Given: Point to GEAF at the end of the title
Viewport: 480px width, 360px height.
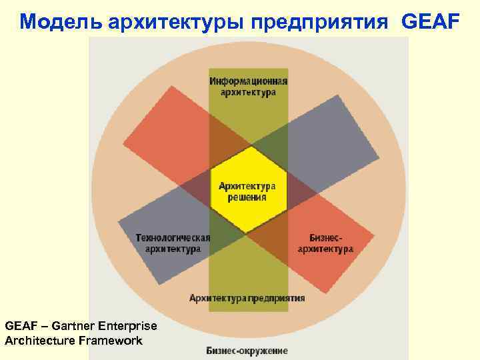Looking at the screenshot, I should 431,21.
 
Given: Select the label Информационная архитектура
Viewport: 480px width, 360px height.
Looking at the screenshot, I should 249,87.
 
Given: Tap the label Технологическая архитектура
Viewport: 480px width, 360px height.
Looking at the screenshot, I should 173,243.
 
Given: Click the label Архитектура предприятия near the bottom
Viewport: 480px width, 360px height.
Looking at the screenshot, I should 247,298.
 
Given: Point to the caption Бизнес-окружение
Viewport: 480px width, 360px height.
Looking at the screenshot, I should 247,351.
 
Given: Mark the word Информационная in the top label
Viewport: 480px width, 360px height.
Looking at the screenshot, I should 249,81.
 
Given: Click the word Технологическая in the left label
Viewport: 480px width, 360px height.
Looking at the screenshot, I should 173,237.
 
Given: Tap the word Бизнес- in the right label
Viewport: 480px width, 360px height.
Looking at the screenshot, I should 326,237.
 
